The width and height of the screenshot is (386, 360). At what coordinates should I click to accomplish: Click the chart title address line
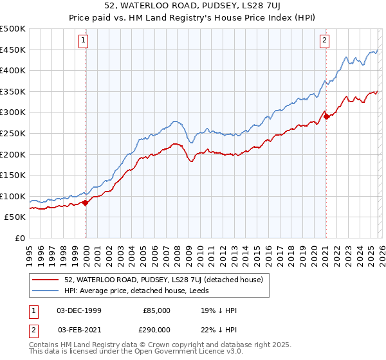tap(193, 6)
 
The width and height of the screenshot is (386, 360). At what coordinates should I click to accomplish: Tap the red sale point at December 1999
tap(86, 203)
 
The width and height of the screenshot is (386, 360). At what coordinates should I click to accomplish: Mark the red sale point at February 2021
tap(326, 116)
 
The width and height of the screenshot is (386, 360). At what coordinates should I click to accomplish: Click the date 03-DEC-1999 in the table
tap(79, 310)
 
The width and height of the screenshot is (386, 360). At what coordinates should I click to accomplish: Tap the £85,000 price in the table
tap(156, 310)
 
